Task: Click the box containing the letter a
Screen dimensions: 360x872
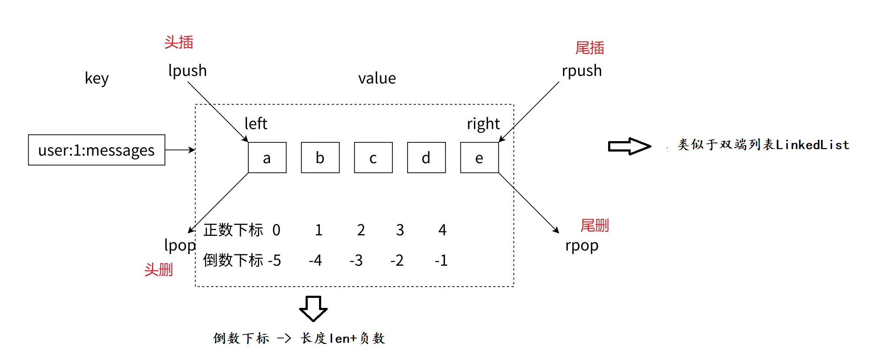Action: pyautogui.click(x=267, y=158)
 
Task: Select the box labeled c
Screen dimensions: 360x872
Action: pyautogui.click(x=373, y=158)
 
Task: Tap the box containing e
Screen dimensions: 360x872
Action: pyautogui.click(x=479, y=158)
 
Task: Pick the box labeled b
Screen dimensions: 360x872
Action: pyautogui.click(x=320, y=158)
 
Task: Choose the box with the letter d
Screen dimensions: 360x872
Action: pyautogui.click(x=426, y=158)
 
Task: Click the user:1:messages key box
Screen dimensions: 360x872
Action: pyautogui.click(x=96, y=150)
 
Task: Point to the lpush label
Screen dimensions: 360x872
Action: pyautogui.click(x=188, y=71)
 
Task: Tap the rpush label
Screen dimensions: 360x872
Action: pyautogui.click(x=582, y=71)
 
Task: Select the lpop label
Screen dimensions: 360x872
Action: pyautogui.click(x=180, y=246)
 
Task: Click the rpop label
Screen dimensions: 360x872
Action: pyautogui.click(x=582, y=246)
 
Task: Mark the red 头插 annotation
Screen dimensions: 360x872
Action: pyautogui.click(x=179, y=43)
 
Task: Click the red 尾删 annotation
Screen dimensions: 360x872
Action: pyautogui.click(x=595, y=226)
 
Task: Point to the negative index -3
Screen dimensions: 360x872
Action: pyautogui.click(x=356, y=261)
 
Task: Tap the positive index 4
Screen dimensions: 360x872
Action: pyautogui.click(x=442, y=230)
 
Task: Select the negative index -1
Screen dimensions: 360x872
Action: pyautogui.click(x=441, y=261)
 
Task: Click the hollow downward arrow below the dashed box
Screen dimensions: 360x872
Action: pyautogui.click(x=313, y=308)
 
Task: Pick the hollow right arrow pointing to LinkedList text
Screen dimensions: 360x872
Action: pyautogui.click(x=629, y=146)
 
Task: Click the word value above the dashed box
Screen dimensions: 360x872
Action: pyautogui.click(x=377, y=79)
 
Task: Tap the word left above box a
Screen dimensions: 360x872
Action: pyautogui.click(x=256, y=124)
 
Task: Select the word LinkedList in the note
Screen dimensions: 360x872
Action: pyautogui.click(x=812, y=145)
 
